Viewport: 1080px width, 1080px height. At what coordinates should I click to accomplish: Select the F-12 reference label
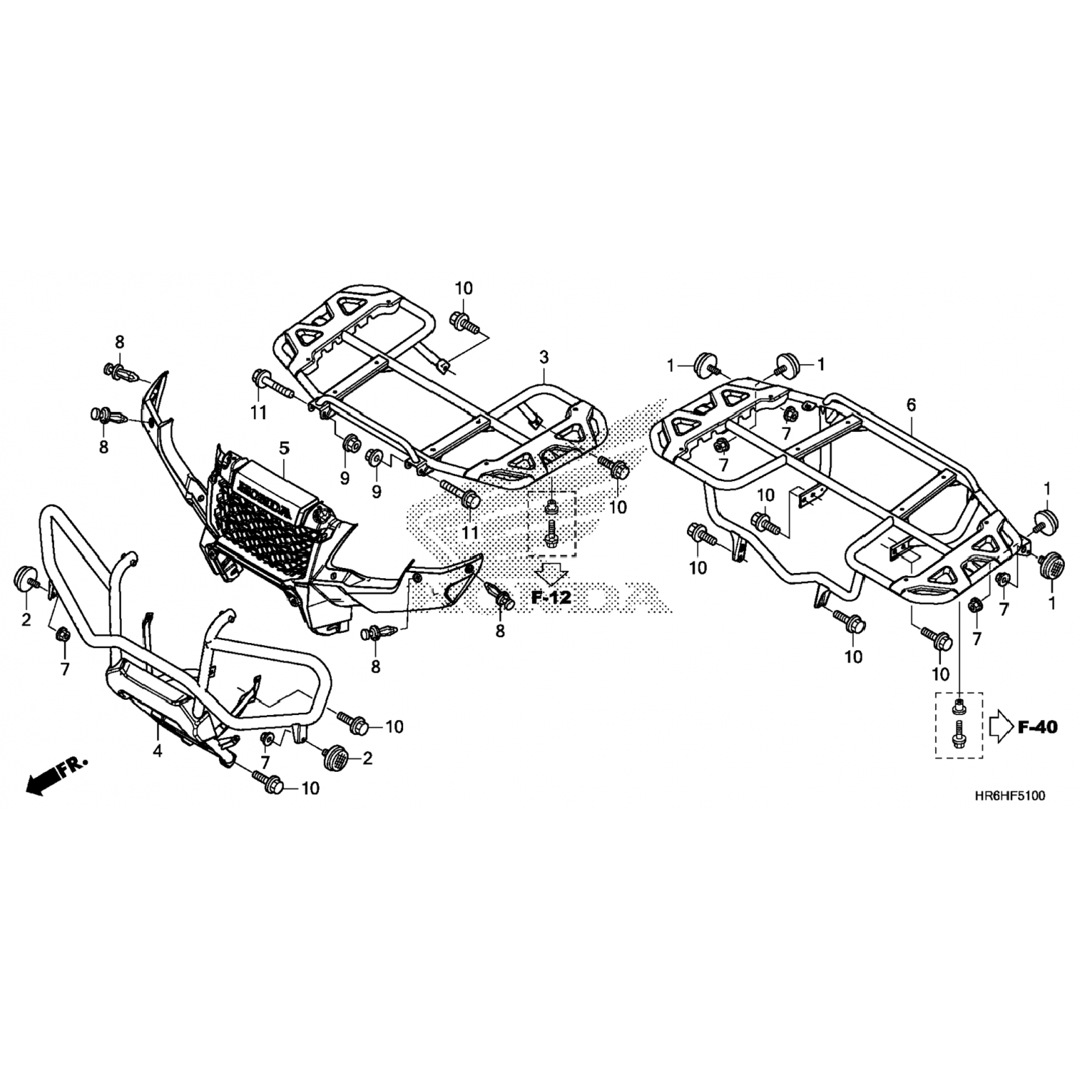551,597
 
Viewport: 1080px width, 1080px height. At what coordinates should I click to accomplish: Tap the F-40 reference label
1038,727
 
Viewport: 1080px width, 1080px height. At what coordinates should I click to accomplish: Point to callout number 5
284,448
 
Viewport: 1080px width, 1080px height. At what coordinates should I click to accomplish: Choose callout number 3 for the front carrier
544,356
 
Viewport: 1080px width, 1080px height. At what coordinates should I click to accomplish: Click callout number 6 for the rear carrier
911,405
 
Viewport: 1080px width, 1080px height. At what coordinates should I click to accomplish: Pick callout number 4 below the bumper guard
158,752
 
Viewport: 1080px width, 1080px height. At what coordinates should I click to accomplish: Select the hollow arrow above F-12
552,574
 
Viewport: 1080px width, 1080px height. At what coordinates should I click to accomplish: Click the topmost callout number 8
120,341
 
